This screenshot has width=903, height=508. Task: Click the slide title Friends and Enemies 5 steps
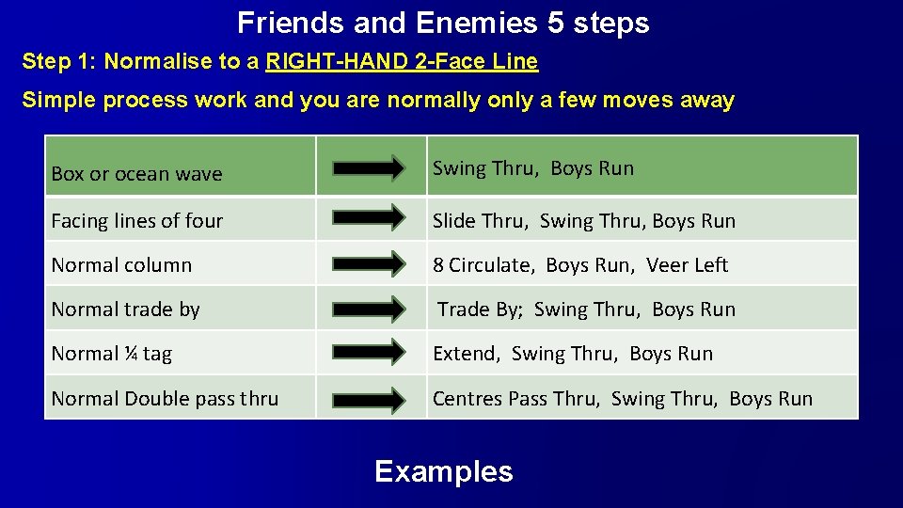pyautogui.click(x=443, y=23)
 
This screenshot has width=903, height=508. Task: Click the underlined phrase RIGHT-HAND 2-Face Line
pyautogui.click(x=402, y=63)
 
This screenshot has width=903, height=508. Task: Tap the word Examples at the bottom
pyautogui.click(x=443, y=471)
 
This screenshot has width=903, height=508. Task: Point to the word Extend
pyautogui.click(x=465, y=354)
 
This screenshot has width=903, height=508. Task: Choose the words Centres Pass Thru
pyautogui.click(x=515, y=399)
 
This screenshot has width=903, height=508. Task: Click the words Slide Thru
pyautogui.click(x=480, y=221)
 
